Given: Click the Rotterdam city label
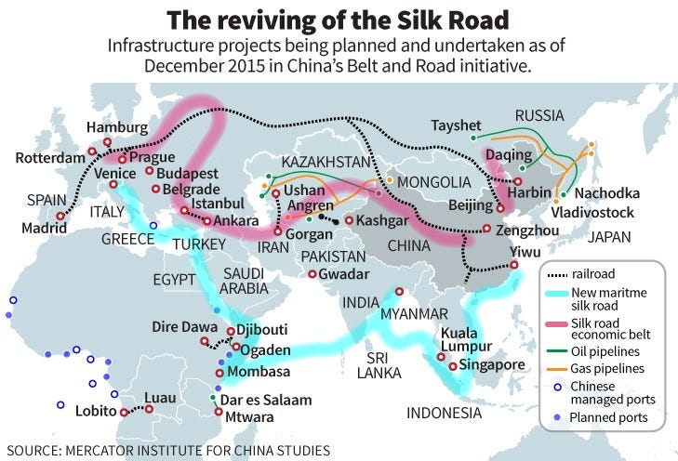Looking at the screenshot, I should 50,158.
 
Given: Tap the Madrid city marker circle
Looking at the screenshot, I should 60,217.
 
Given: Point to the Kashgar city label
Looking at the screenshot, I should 382,221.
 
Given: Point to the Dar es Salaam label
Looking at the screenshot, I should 266,401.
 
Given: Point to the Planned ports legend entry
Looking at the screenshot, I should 611,418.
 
